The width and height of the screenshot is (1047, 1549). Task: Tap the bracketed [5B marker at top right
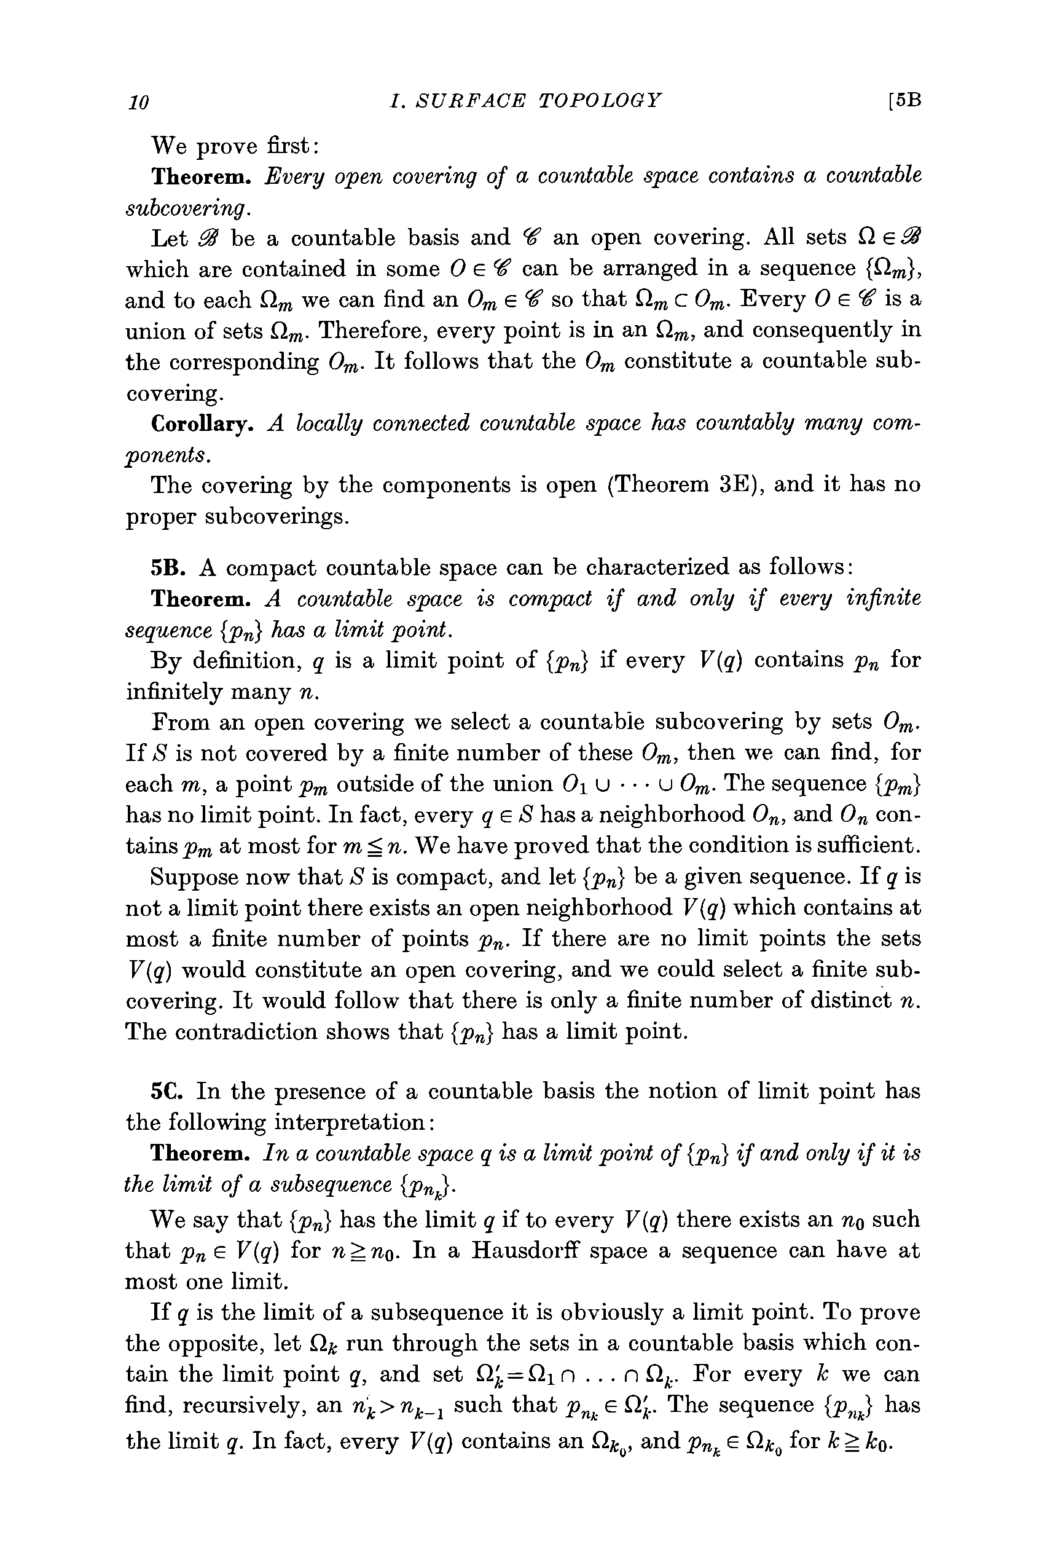click(x=904, y=100)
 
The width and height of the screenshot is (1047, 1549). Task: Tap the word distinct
click(x=836, y=1001)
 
